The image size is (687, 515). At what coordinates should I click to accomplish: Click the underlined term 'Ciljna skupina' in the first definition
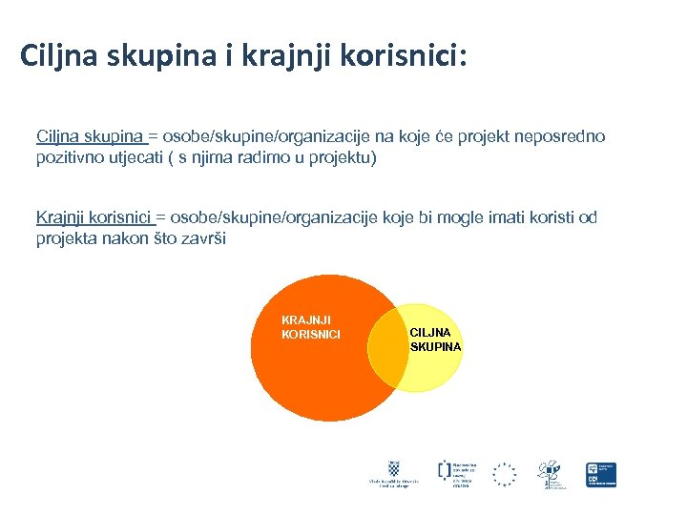click(90, 137)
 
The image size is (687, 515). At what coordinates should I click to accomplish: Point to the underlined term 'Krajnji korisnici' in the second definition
click(94, 217)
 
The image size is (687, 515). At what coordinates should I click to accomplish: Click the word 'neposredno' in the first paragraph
click(560, 137)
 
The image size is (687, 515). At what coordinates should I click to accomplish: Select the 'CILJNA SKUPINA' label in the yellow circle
click(435, 340)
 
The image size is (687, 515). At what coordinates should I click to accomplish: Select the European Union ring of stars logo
click(504, 474)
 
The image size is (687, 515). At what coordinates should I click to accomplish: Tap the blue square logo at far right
click(601, 474)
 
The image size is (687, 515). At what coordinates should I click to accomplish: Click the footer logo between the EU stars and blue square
click(552, 474)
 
